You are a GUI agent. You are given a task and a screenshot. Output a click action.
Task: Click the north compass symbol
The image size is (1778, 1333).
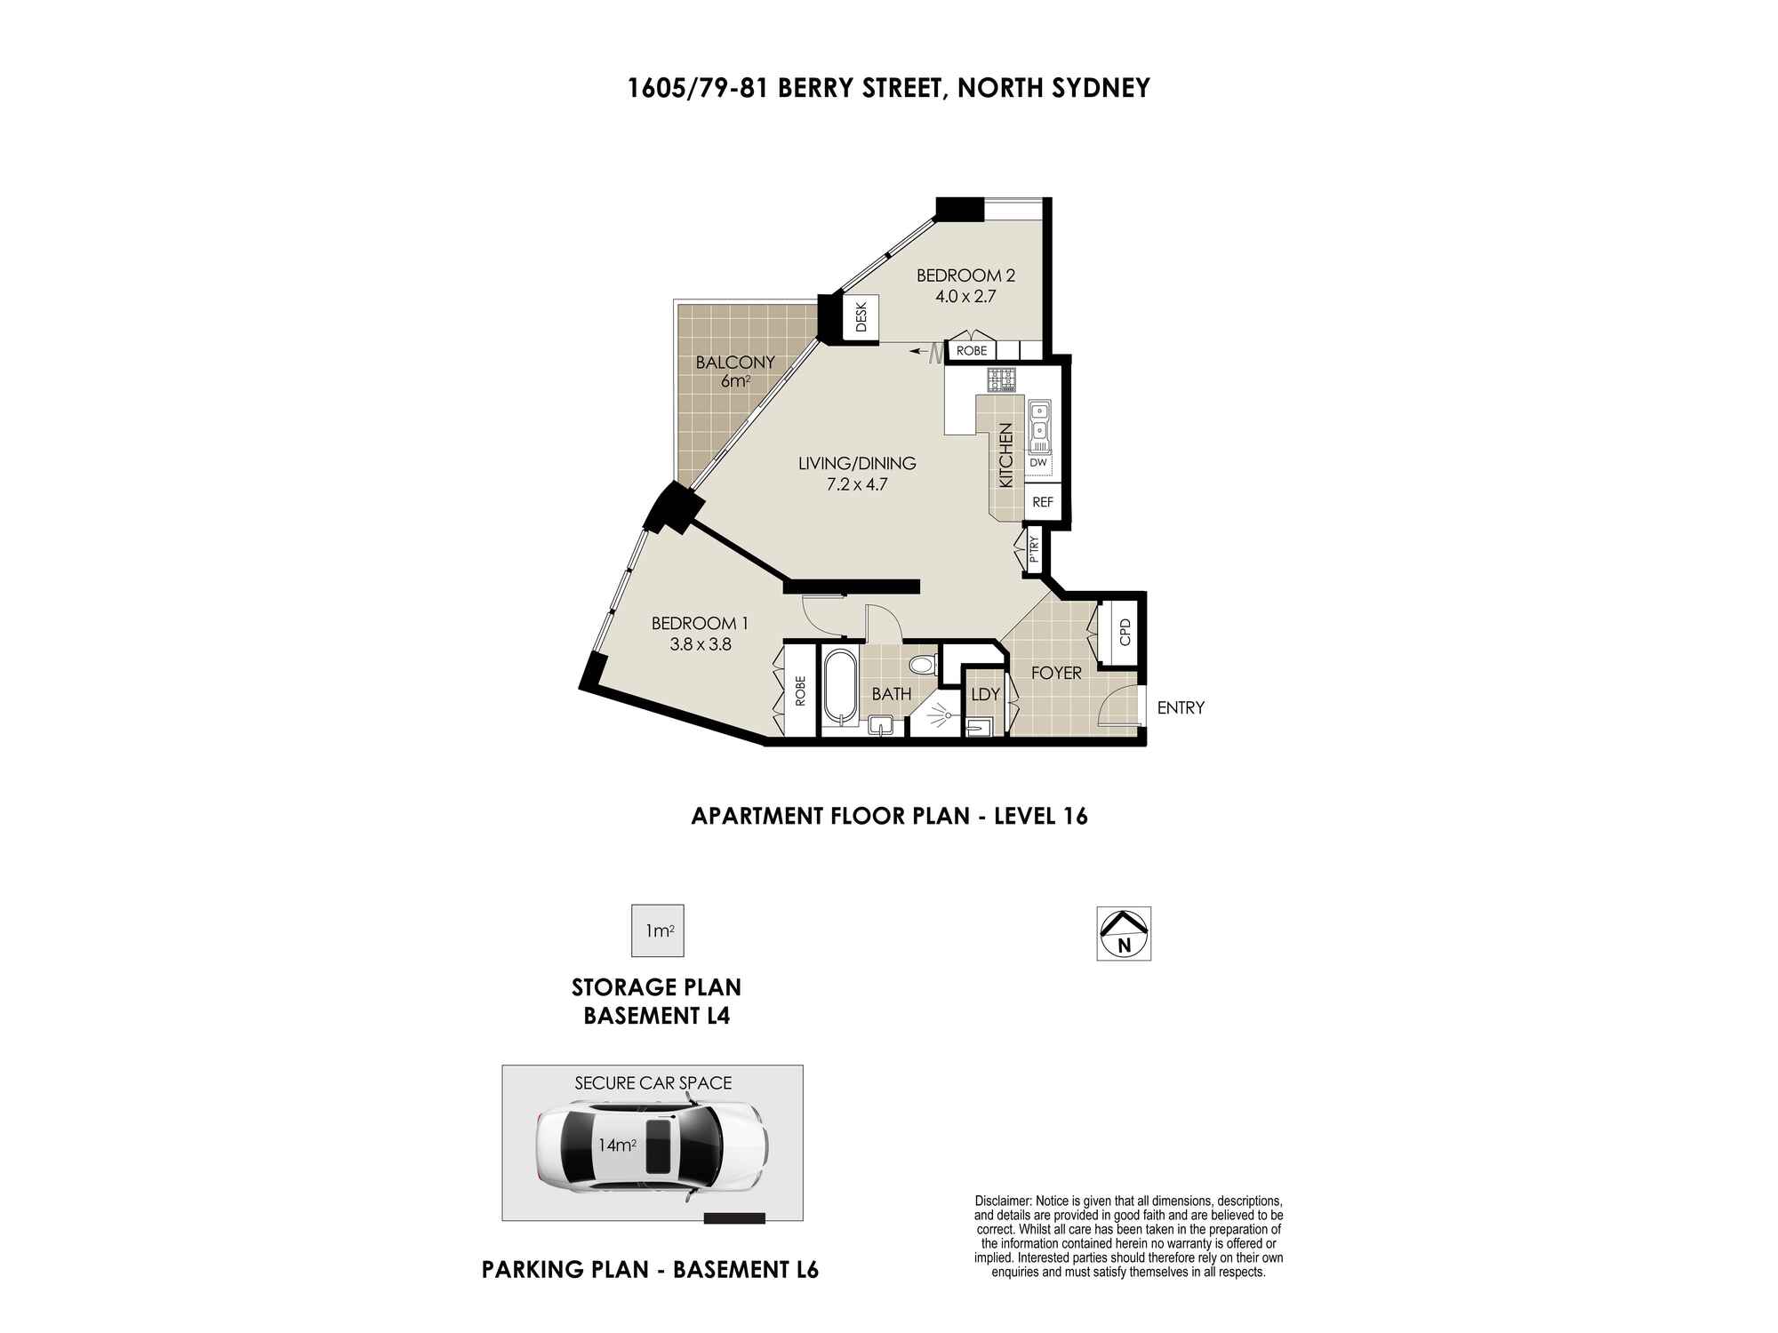[1124, 933]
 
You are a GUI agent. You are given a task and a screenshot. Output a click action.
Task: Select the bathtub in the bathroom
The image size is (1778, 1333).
[840, 690]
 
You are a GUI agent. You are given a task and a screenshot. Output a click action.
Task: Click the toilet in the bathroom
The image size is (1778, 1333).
[922, 665]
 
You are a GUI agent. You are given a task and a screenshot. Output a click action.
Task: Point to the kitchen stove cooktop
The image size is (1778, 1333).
[1000, 379]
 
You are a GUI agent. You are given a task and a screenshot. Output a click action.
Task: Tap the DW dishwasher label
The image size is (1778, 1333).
[1038, 463]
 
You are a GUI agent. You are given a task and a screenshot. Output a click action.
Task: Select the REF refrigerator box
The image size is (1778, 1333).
[1043, 502]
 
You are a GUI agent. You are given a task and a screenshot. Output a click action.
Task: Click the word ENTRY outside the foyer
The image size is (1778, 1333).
[1181, 708]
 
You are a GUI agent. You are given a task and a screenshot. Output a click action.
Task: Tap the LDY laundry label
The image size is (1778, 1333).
[986, 695]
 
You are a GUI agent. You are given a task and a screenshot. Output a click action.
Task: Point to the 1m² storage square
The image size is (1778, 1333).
[658, 930]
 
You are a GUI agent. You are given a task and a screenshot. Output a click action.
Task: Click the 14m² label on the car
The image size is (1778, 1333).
[617, 1145]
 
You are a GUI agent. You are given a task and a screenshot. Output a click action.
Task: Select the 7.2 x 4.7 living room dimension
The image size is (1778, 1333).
[857, 485]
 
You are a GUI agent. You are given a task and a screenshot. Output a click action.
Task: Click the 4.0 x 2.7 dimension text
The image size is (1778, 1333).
[965, 297]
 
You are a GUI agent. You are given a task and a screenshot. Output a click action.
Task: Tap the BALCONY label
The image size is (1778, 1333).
[735, 363]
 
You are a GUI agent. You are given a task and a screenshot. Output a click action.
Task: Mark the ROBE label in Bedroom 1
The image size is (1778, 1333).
[800, 691]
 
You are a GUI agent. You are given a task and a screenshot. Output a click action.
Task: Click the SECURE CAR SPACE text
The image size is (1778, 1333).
[653, 1083]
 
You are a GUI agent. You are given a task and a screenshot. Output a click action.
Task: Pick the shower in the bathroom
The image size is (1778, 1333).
[936, 714]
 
